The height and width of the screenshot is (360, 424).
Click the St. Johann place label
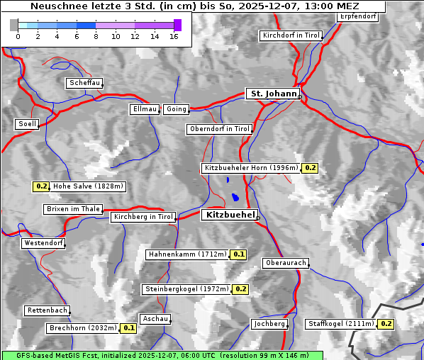[x=272, y=94]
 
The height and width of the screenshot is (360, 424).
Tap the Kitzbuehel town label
[x=228, y=215]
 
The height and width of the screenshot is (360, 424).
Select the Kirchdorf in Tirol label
[x=291, y=35]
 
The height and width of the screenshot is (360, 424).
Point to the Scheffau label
[x=84, y=83]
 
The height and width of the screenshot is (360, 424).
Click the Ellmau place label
[x=144, y=109]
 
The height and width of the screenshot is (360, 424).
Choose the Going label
[x=176, y=109]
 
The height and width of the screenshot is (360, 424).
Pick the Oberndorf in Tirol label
[x=219, y=129]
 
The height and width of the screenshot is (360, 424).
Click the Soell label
[x=27, y=124]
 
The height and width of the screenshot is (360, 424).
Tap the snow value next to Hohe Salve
[x=41, y=187]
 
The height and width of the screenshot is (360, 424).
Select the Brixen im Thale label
[x=73, y=209]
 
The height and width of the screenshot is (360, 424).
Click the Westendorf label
[x=43, y=243]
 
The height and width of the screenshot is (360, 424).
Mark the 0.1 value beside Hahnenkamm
[x=238, y=254]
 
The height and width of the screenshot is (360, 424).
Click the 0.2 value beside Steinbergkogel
[x=240, y=289]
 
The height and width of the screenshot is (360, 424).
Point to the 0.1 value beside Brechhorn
[x=128, y=328]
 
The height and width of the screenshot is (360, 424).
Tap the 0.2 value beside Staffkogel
[x=386, y=324]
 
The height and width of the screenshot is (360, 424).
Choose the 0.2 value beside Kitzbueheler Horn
[x=310, y=168]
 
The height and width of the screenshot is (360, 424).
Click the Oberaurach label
[x=285, y=263]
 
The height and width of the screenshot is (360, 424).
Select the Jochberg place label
[x=269, y=324]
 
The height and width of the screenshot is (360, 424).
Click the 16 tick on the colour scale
[x=174, y=36]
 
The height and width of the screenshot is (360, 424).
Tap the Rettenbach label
[x=48, y=310]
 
